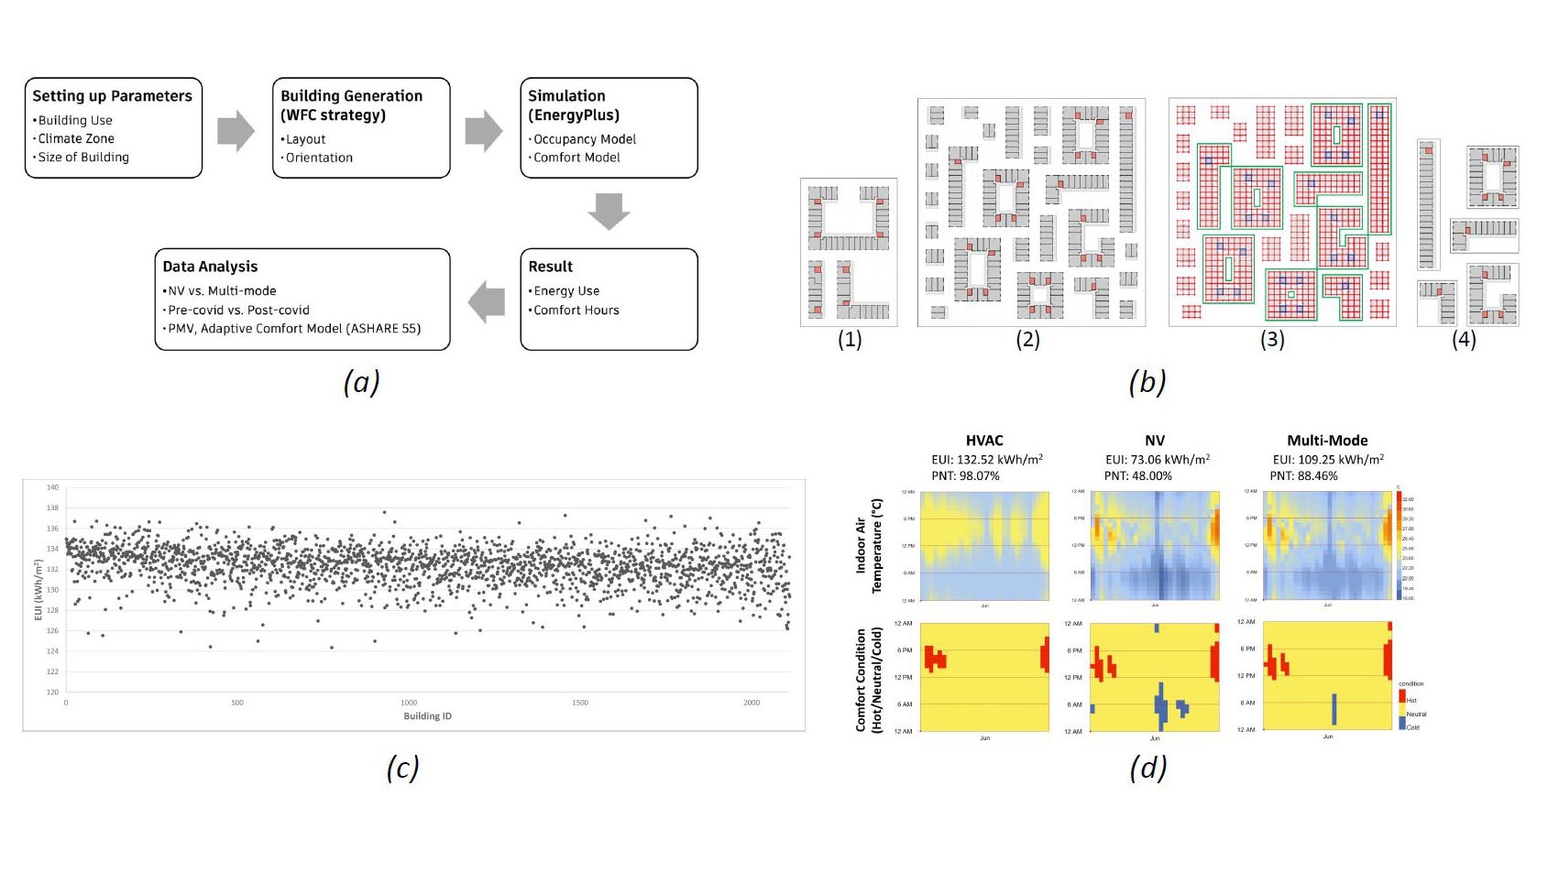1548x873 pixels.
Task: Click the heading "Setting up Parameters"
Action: pyautogui.click(x=112, y=96)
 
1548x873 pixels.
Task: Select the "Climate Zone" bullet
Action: pyautogui.click(x=76, y=138)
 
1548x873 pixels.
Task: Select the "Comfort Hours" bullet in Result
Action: pyautogui.click(x=576, y=311)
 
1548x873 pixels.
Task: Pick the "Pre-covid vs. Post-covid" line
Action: pyautogui.click(x=238, y=311)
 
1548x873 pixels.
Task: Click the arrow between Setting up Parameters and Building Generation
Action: pyautogui.click(x=236, y=131)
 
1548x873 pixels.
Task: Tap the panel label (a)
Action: pyautogui.click(x=361, y=381)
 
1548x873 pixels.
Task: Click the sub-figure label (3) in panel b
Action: pyautogui.click(x=1271, y=340)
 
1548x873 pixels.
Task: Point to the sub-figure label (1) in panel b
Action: pyautogui.click(x=850, y=340)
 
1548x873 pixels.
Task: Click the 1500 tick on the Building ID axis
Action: pyautogui.click(x=580, y=703)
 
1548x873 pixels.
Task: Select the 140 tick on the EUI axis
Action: pyautogui.click(x=52, y=487)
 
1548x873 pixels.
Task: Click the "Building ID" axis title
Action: pyautogui.click(x=427, y=716)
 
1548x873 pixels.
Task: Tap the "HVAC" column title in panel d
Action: pyautogui.click(x=984, y=441)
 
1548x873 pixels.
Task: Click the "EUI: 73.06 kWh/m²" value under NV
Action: pyautogui.click(x=1157, y=460)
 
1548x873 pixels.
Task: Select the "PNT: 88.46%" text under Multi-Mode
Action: pyautogui.click(x=1303, y=476)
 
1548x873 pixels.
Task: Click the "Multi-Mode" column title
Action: pyautogui.click(x=1327, y=441)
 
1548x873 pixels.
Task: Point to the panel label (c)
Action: pyautogui.click(x=402, y=768)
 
